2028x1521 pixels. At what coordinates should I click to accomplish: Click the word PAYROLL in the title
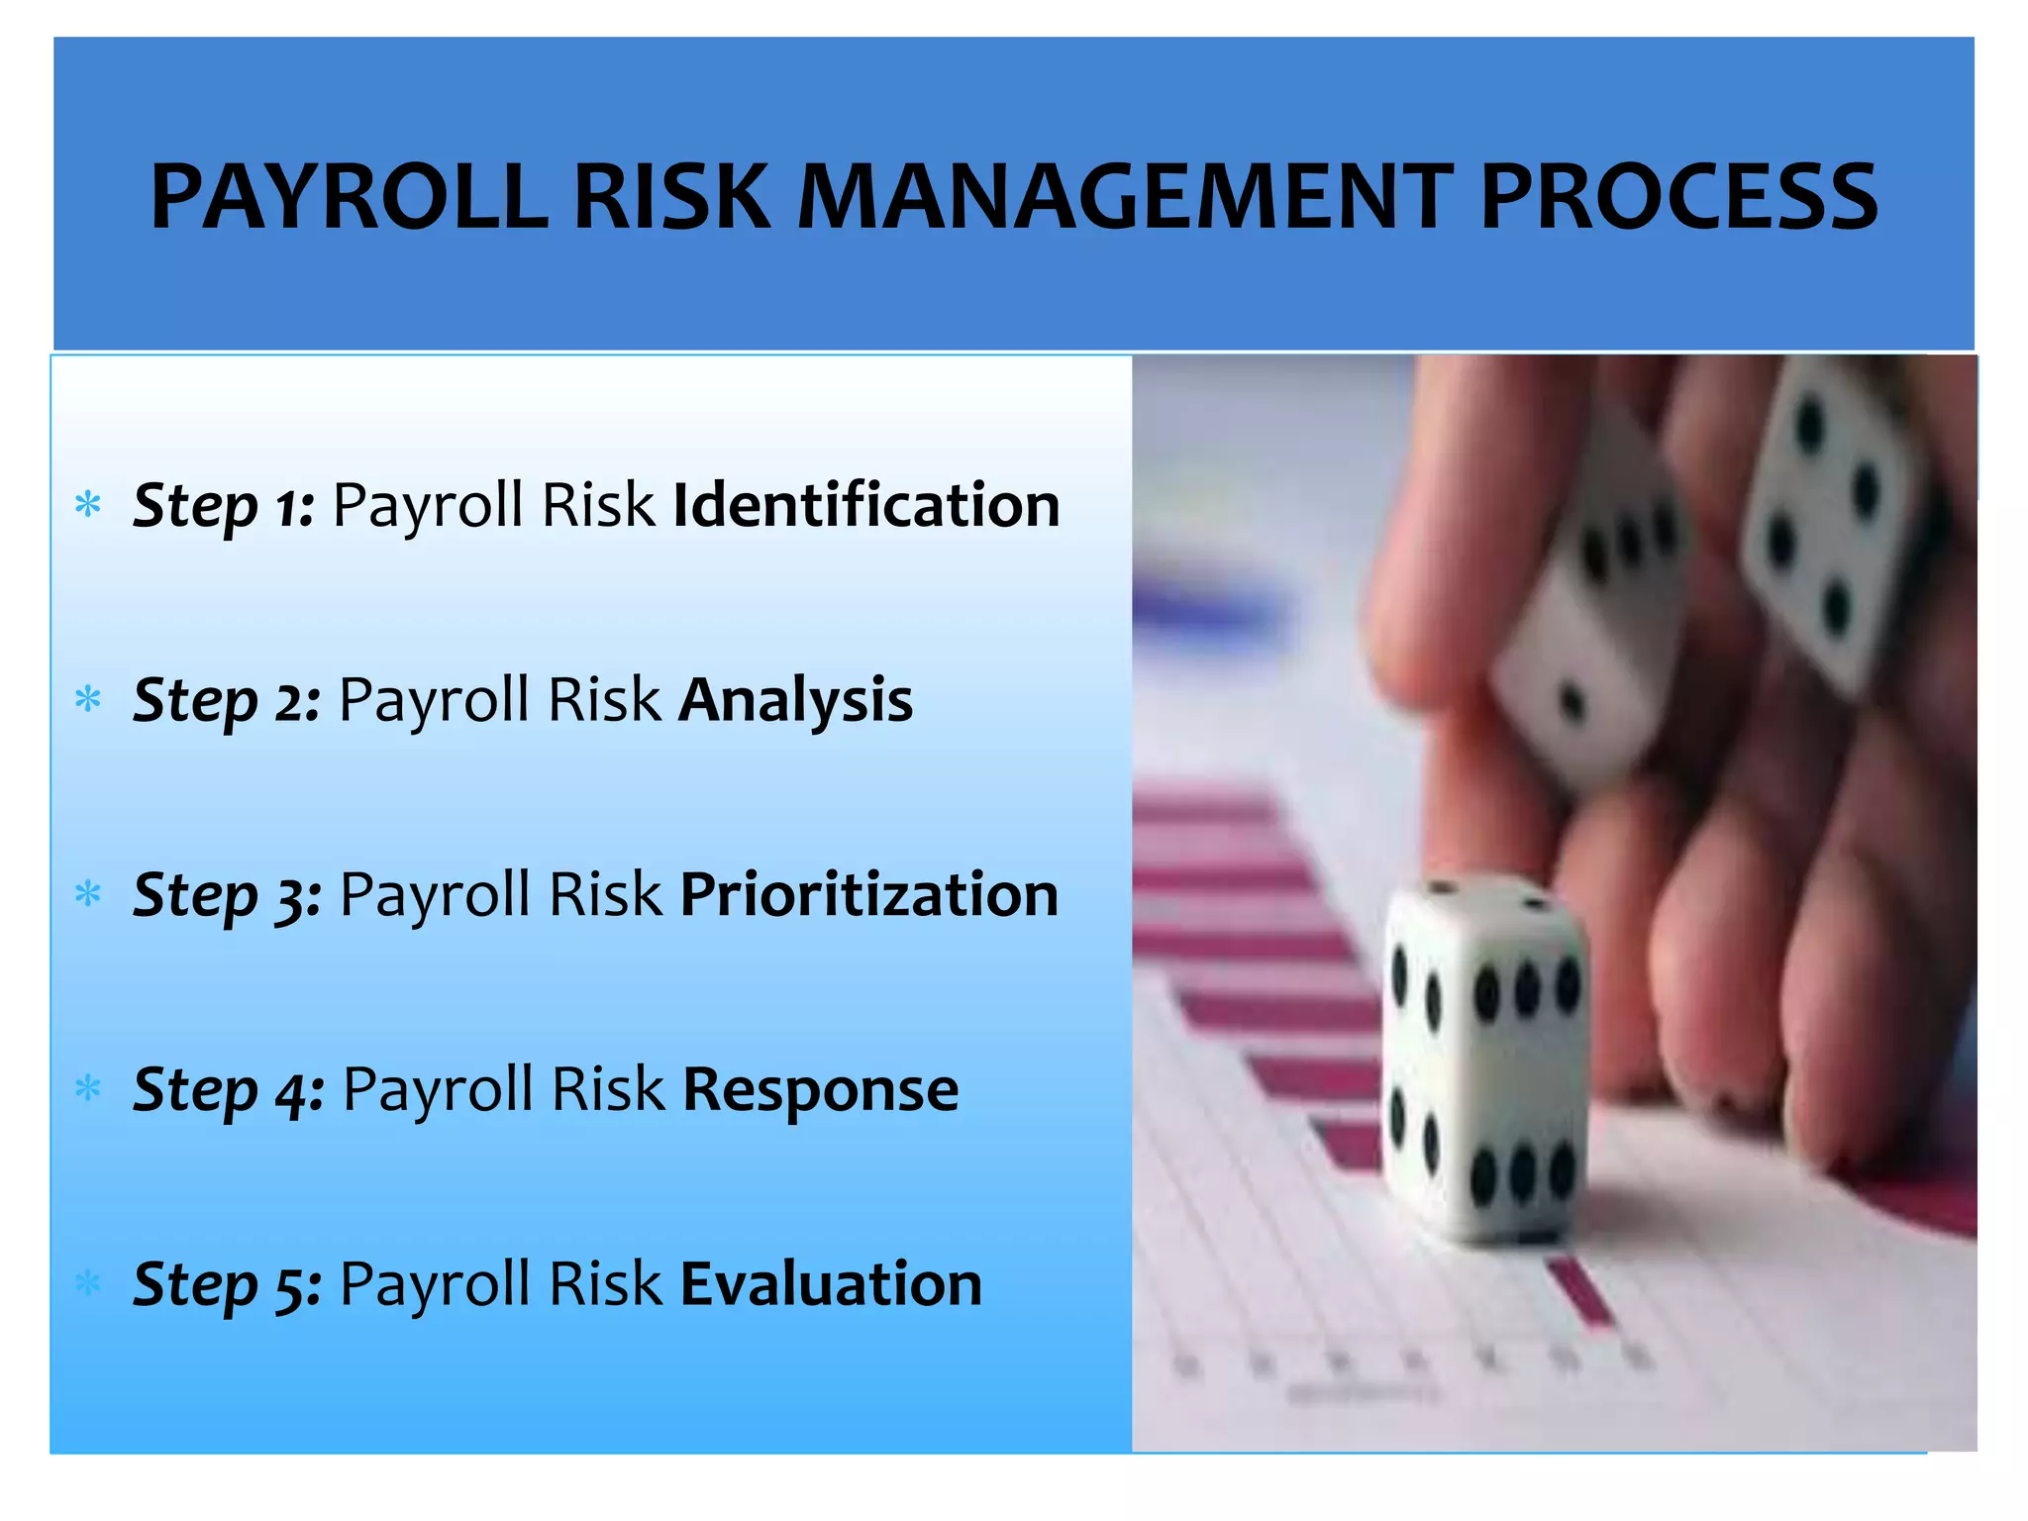[x=349, y=197]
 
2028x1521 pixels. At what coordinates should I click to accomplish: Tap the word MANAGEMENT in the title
[x=1125, y=197]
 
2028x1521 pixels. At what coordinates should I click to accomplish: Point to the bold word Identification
[x=866, y=505]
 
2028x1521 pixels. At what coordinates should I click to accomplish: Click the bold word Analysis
[x=795, y=701]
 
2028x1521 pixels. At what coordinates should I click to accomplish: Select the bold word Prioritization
[x=869, y=895]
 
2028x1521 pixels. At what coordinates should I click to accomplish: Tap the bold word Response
[x=820, y=1090]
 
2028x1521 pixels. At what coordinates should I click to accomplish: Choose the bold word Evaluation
[x=831, y=1284]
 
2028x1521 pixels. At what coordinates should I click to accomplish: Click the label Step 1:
[x=224, y=506]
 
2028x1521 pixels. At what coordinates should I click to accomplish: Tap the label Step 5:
[x=227, y=1285]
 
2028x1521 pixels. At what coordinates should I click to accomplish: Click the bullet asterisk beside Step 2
[x=88, y=700]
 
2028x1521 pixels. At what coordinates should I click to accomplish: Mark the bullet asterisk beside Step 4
[x=88, y=1089]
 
